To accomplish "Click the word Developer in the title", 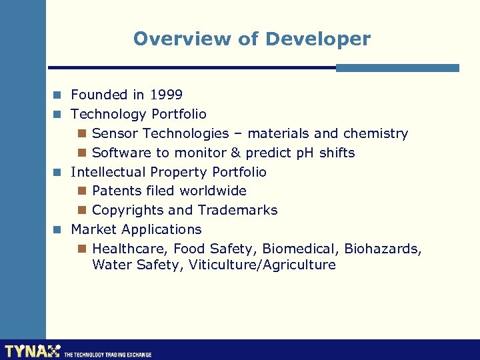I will [317, 39].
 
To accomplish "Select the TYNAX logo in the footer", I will [32, 351].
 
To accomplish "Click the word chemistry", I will [375, 133].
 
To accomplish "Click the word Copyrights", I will [128, 210].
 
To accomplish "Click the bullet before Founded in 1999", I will [59, 95].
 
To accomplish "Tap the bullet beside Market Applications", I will [59, 230].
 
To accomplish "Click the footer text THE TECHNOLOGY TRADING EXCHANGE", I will [107, 355].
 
